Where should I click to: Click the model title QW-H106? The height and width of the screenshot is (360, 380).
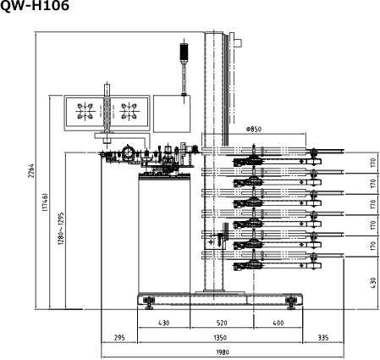35,6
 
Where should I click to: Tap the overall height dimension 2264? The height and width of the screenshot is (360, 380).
31,170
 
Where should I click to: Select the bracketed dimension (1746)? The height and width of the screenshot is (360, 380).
45,202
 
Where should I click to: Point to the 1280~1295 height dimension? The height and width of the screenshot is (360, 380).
61,229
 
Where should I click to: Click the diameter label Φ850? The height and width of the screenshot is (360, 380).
254,129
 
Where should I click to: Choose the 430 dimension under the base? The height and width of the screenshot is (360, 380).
163,323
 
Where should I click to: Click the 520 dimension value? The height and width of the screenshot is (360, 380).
222,323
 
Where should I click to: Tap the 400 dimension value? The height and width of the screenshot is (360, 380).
278,323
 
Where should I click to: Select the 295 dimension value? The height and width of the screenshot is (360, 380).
119,337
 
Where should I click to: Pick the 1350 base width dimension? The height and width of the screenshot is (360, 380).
220,337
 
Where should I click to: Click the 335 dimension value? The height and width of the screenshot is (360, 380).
323,337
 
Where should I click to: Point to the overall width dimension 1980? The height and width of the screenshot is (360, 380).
223,352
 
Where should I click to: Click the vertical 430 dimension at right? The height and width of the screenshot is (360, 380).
373,283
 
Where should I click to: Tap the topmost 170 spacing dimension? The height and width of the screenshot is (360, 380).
373,163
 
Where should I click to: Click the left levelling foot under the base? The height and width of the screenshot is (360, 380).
149,302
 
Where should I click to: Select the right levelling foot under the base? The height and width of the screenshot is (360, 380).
291,302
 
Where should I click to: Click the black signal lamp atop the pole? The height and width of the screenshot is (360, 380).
184,53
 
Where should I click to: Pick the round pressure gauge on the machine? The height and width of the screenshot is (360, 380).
129,152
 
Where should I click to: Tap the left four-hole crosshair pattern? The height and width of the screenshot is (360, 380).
85,111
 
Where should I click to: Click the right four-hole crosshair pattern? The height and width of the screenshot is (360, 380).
129,111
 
